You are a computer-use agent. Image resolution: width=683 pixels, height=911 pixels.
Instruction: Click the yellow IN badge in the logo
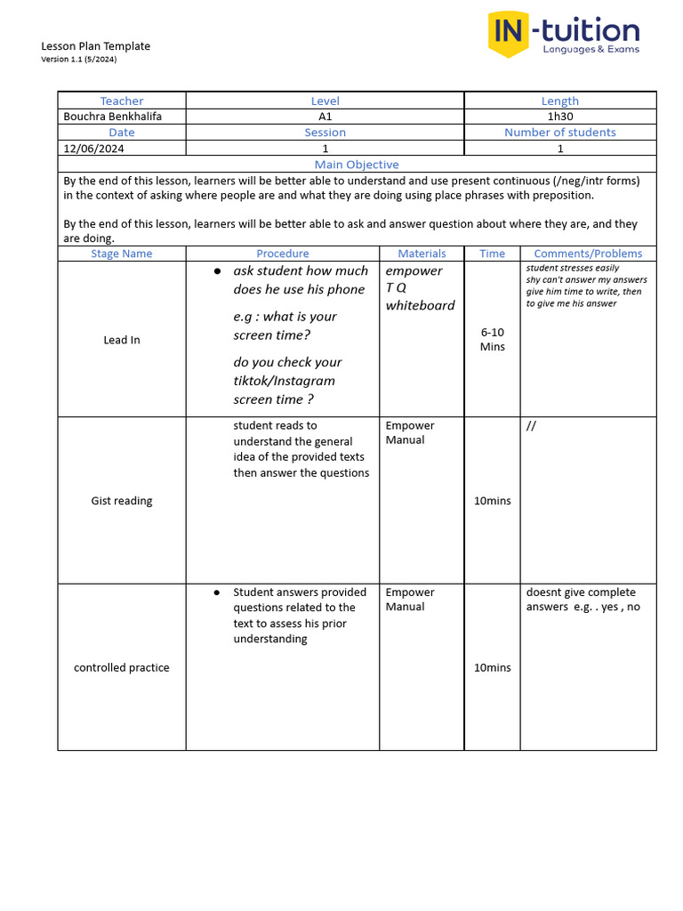click(509, 34)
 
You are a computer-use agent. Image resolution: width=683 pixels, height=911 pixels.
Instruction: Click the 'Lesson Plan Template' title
click(96, 46)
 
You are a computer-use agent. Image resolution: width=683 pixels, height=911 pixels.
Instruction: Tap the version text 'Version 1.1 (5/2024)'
click(79, 60)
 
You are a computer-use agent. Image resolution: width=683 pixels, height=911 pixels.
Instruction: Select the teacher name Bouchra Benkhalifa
click(113, 117)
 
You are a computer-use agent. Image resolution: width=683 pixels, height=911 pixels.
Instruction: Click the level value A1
click(325, 117)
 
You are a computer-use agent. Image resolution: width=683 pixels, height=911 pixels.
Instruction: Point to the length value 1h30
click(560, 117)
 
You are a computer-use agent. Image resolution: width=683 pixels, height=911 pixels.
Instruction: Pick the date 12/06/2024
click(94, 149)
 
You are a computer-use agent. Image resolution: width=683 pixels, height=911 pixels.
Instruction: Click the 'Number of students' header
click(560, 133)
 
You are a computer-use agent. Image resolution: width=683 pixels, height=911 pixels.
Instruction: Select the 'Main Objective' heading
click(357, 165)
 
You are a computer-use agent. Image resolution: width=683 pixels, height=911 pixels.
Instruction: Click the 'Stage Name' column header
click(122, 254)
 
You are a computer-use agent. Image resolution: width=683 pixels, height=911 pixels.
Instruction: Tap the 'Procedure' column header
click(283, 254)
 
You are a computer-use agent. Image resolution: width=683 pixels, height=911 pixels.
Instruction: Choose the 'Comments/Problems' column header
click(588, 254)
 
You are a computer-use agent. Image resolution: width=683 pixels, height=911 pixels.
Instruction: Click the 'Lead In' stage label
click(122, 340)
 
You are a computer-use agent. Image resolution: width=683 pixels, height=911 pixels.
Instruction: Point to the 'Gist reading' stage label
click(122, 501)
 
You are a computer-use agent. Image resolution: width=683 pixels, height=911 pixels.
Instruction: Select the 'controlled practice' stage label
click(122, 667)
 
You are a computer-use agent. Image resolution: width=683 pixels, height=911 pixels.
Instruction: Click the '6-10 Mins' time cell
click(493, 339)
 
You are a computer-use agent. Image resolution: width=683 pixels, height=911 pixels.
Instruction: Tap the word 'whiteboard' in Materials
click(420, 305)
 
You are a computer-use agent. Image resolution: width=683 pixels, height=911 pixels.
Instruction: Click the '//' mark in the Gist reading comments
click(531, 426)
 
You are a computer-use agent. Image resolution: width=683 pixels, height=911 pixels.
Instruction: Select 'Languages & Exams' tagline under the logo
click(591, 50)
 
